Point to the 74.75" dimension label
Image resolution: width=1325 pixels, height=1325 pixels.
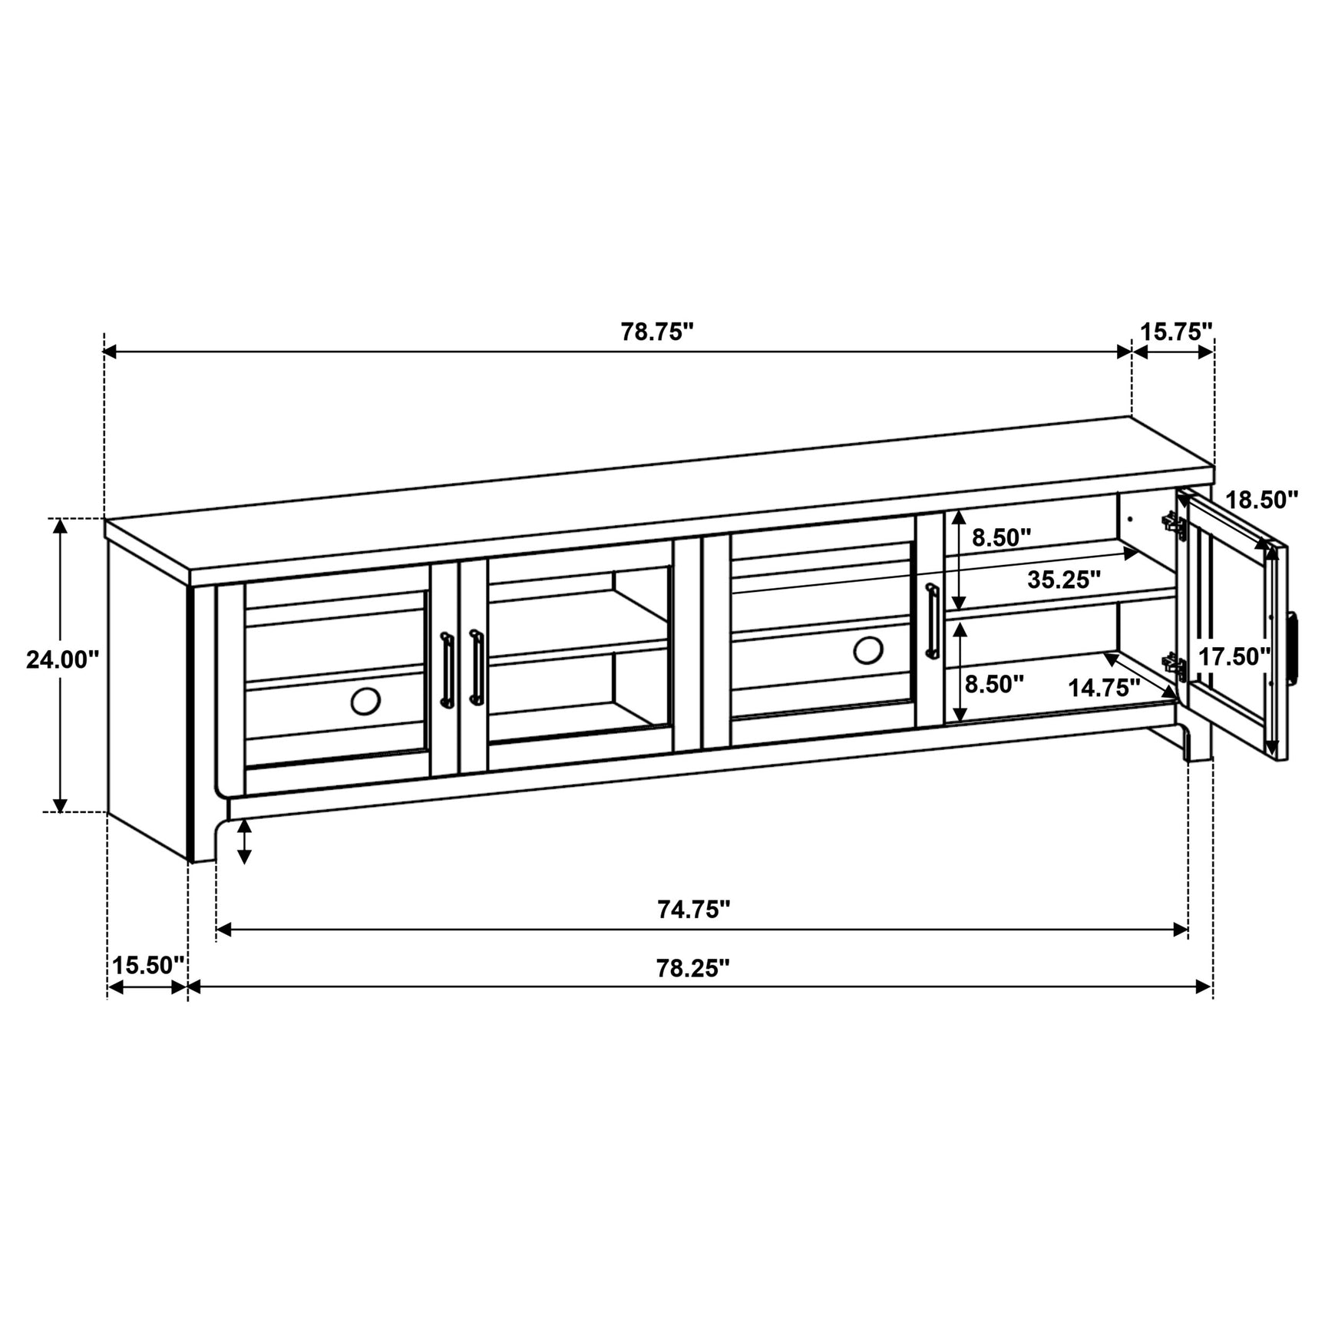click(x=693, y=910)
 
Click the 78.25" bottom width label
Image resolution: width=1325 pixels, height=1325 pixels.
click(x=692, y=968)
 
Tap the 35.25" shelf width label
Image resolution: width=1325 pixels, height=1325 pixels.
click(x=1064, y=580)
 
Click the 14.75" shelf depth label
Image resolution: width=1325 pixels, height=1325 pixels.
click(x=1104, y=687)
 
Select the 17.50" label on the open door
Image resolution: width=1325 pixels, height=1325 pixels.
click(x=1234, y=656)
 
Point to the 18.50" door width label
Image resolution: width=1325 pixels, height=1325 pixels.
click(x=1261, y=500)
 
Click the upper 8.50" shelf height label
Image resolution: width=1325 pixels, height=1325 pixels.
click(x=1001, y=537)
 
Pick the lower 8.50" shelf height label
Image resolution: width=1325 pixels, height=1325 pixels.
click(x=994, y=684)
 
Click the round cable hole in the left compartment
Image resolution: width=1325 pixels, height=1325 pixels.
click(x=365, y=700)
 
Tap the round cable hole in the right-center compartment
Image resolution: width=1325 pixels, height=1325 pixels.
click(x=867, y=650)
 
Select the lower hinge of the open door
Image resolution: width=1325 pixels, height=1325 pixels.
click(x=1173, y=665)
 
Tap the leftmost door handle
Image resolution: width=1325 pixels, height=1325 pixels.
click(x=446, y=669)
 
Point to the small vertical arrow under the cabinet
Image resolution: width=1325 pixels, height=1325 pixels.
click(x=245, y=842)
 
